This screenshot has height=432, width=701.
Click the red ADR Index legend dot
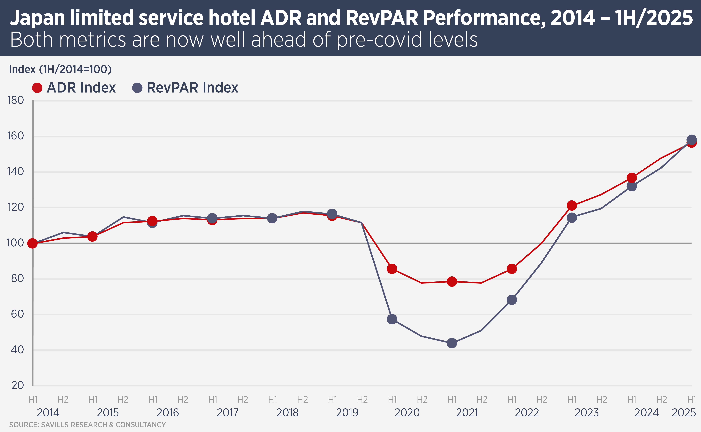37,88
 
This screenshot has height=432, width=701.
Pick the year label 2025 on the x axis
684,413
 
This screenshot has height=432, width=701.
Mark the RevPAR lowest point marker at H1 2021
452,343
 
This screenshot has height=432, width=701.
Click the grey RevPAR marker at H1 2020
392,319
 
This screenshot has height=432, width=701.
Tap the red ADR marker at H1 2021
452,281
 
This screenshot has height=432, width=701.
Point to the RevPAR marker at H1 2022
512,300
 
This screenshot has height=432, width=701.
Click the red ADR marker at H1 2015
92,236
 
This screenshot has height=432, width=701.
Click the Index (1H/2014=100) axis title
60,69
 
